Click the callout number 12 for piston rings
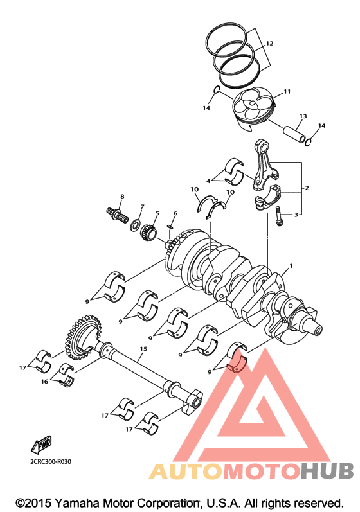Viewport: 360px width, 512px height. click(x=269, y=44)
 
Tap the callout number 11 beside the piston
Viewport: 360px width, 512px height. click(x=287, y=92)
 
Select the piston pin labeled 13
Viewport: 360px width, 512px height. click(x=294, y=134)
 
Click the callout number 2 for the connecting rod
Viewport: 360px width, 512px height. click(x=307, y=188)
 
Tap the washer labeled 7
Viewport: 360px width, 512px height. click(x=134, y=225)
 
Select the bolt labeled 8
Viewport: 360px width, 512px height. click(x=116, y=216)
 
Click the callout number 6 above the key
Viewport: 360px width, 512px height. click(x=175, y=213)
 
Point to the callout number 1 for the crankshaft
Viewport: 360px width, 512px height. click(x=291, y=266)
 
